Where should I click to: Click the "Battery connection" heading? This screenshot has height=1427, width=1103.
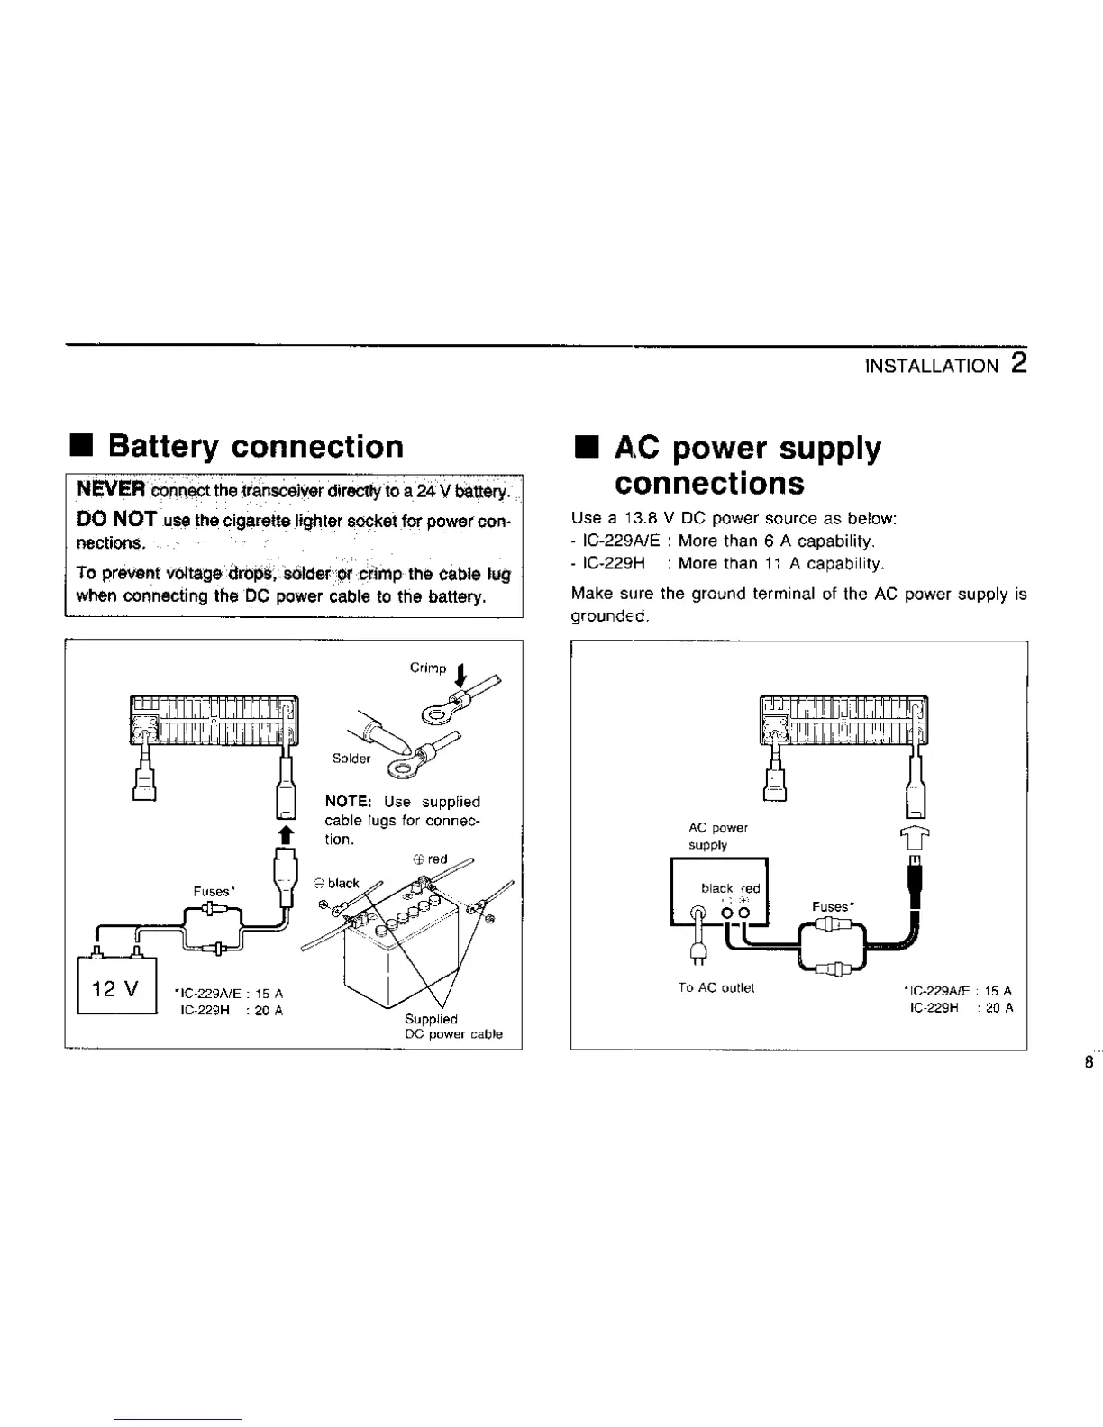coord(255,447)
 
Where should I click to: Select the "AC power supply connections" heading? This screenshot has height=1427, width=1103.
coord(748,465)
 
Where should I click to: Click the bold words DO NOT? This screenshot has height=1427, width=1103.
coord(118,520)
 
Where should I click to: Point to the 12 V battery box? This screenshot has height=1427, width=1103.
coord(117,989)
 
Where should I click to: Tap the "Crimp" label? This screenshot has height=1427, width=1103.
coord(428,668)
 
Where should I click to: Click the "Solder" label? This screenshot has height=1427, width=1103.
coord(351,758)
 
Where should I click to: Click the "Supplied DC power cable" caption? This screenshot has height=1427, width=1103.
coord(453,1027)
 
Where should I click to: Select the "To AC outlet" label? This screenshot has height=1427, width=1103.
coord(716,987)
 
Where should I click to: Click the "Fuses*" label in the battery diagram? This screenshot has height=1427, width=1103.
coord(214,891)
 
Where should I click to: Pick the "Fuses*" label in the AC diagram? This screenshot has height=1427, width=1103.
coord(832,906)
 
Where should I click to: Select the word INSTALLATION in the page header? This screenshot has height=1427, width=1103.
coord(932,366)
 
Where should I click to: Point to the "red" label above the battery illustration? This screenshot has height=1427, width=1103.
coord(438,859)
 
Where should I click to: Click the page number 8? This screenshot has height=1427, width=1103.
coord(1089,1063)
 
